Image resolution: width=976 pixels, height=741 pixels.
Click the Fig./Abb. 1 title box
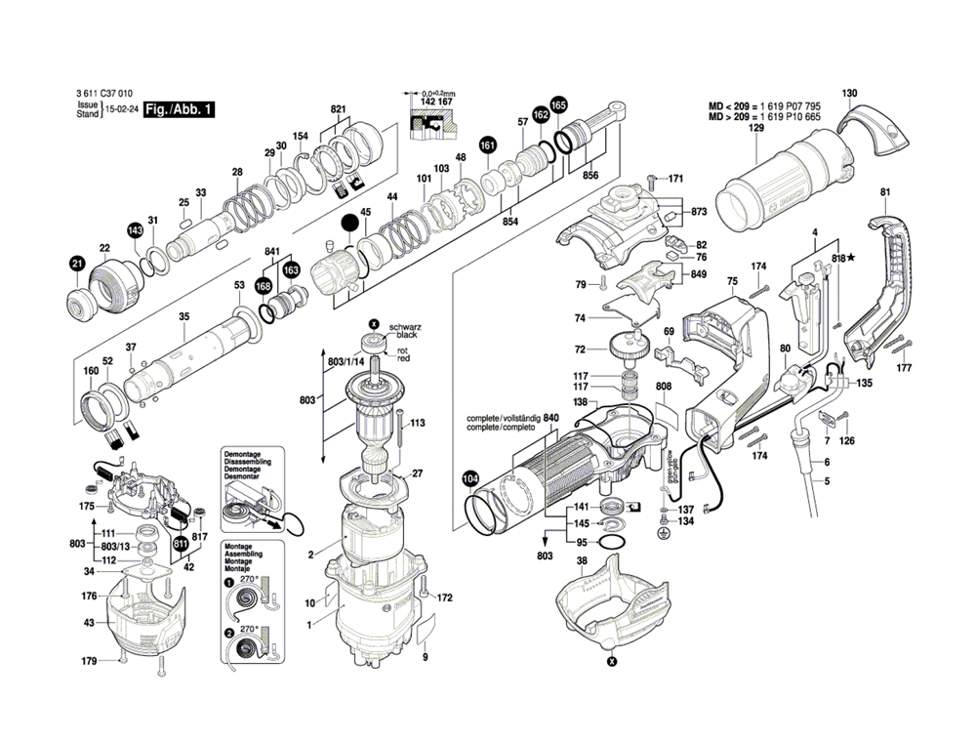tap(178, 111)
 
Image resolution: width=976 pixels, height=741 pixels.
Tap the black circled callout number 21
tap(77, 264)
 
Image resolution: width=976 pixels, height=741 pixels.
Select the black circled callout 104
tap(470, 478)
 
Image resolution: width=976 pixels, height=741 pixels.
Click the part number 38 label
tap(582, 561)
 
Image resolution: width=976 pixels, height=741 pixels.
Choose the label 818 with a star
tap(843, 257)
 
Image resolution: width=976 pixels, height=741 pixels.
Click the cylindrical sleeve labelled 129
tap(781, 190)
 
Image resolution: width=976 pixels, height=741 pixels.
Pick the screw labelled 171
tap(652, 179)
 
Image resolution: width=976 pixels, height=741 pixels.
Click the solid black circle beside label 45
tap(349, 224)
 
